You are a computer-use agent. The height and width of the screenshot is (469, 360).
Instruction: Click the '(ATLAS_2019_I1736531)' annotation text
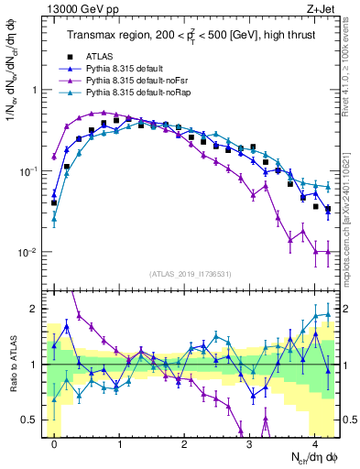[x=191, y=274]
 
